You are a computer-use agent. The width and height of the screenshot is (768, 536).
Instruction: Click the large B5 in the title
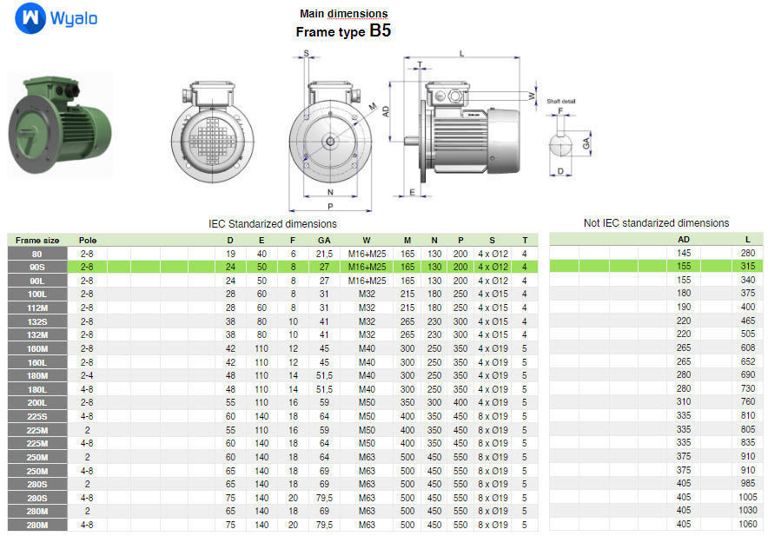pyautogui.click(x=380, y=30)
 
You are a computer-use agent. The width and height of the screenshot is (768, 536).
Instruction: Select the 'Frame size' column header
pyautogui.click(x=37, y=240)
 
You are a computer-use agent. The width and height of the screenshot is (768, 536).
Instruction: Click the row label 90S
pyautogui.click(x=37, y=267)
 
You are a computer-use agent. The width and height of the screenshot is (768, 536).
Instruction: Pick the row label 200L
pyautogui.click(x=37, y=403)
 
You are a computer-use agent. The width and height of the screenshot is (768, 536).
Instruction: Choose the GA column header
pyautogui.click(x=323, y=240)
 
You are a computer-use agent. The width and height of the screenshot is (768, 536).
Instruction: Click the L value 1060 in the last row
pyautogui.click(x=747, y=525)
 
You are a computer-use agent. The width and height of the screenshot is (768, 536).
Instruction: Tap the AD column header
pyautogui.click(x=684, y=240)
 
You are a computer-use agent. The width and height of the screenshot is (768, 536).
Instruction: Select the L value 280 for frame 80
pyautogui.click(x=747, y=253)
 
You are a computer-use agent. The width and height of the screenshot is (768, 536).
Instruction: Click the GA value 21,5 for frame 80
pyautogui.click(x=323, y=253)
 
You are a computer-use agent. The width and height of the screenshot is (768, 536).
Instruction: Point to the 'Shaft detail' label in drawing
pyautogui.click(x=561, y=102)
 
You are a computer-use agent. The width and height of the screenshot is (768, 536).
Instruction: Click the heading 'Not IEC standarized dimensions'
pyautogui.click(x=656, y=223)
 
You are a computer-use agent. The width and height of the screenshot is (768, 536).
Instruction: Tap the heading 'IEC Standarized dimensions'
pyautogui.click(x=273, y=223)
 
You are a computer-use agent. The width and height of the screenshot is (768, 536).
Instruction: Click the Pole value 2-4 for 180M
pyautogui.click(x=87, y=375)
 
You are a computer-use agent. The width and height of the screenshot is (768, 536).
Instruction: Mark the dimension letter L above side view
pyautogui.click(x=461, y=54)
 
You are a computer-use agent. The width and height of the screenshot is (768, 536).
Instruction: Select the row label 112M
pyautogui.click(x=37, y=308)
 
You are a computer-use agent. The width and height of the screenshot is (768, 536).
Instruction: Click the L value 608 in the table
pyautogui.click(x=747, y=348)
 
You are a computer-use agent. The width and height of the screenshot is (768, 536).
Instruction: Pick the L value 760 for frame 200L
pyautogui.click(x=747, y=403)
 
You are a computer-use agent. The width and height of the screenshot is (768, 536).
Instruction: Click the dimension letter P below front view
pyautogui.click(x=330, y=207)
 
